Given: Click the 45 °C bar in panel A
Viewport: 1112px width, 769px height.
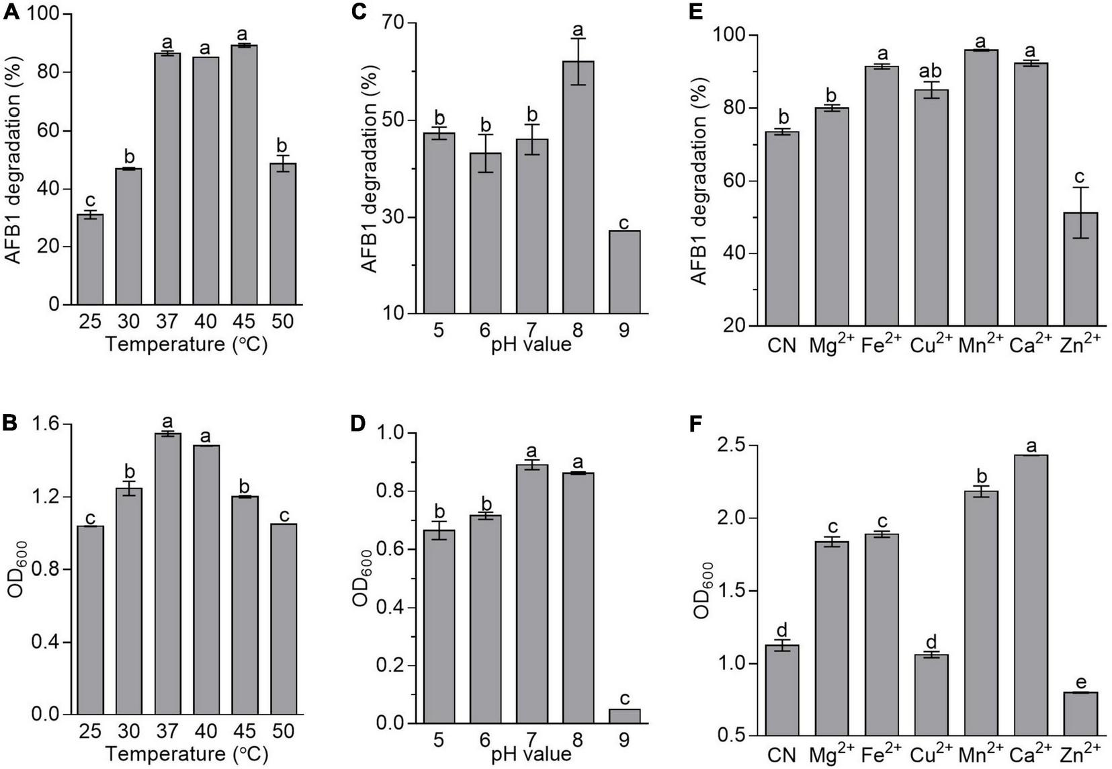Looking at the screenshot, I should click(x=244, y=175).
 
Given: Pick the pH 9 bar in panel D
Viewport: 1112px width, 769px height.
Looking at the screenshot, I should click(x=624, y=717).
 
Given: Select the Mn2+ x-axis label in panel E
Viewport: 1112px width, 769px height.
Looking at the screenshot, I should click(x=980, y=345).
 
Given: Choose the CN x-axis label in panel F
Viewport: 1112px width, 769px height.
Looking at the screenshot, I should click(x=782, y=756).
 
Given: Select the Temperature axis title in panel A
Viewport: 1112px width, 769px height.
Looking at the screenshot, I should click(x=186, y=346).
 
